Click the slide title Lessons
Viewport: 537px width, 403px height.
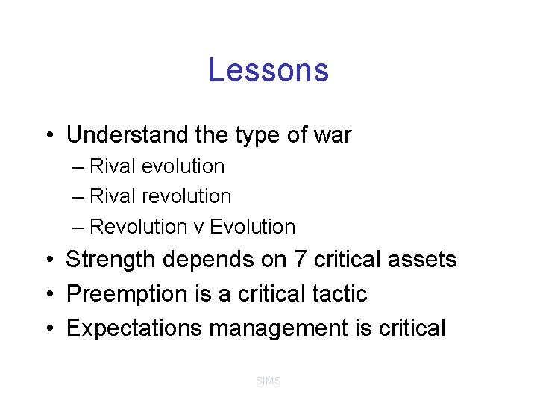268,70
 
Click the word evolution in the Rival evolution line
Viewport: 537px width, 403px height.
186,166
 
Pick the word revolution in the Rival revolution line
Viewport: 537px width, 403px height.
191,196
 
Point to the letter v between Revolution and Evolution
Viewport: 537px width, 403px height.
199,227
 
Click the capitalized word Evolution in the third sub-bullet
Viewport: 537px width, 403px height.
253,226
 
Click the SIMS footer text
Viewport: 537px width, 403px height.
268,381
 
